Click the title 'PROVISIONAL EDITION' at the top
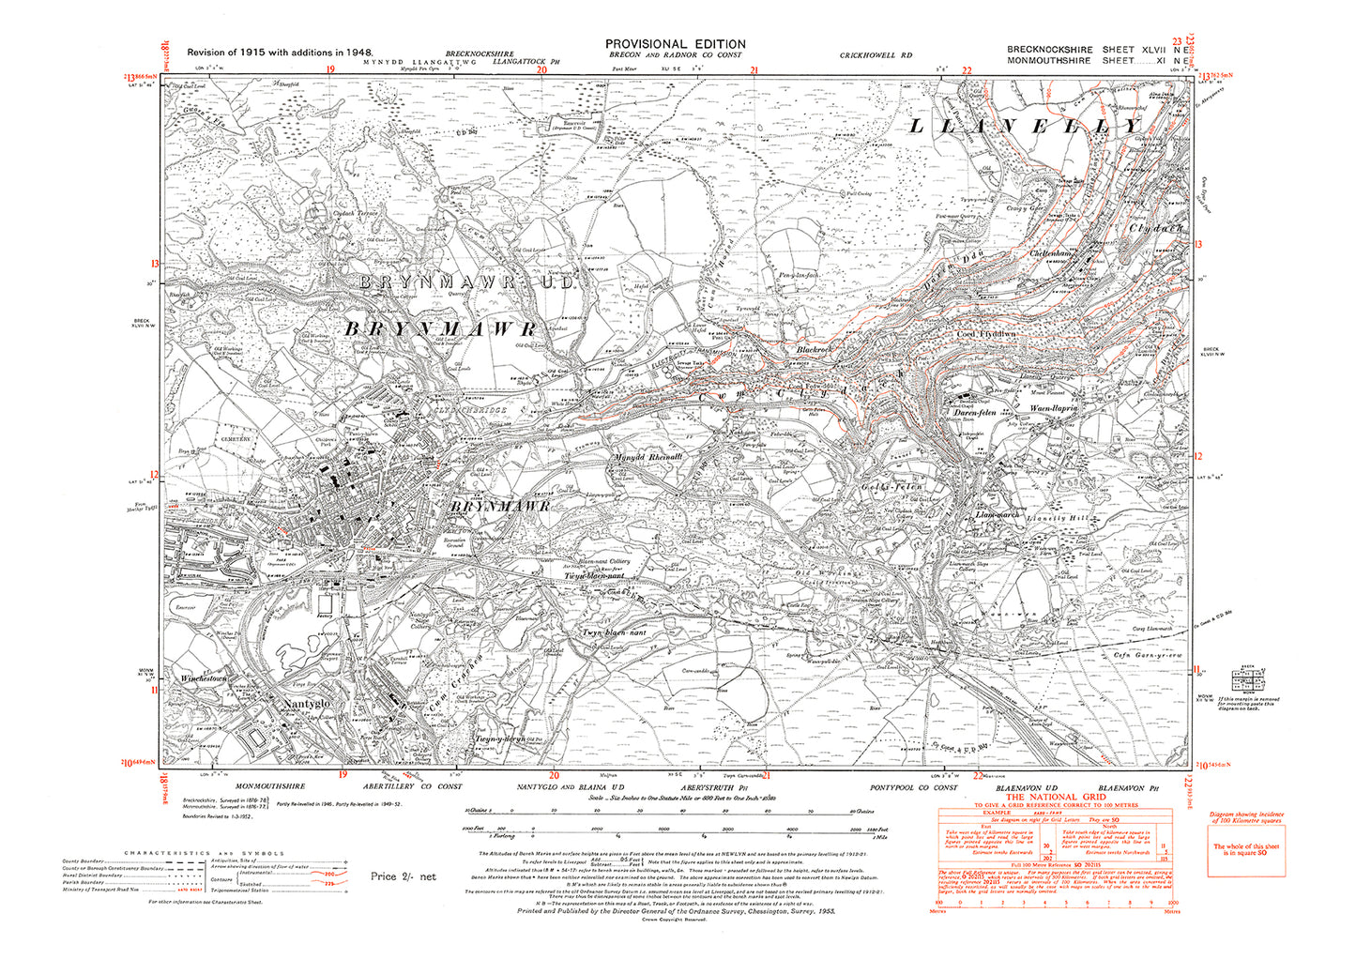click(x=675, y=44)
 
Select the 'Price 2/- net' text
click(x=403, y=876)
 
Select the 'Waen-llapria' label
click(x=1057, y=410)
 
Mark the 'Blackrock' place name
click(x=814, y=350)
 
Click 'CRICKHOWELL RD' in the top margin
click(x=876, y=56)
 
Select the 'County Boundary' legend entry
click(x=84, y=861)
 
